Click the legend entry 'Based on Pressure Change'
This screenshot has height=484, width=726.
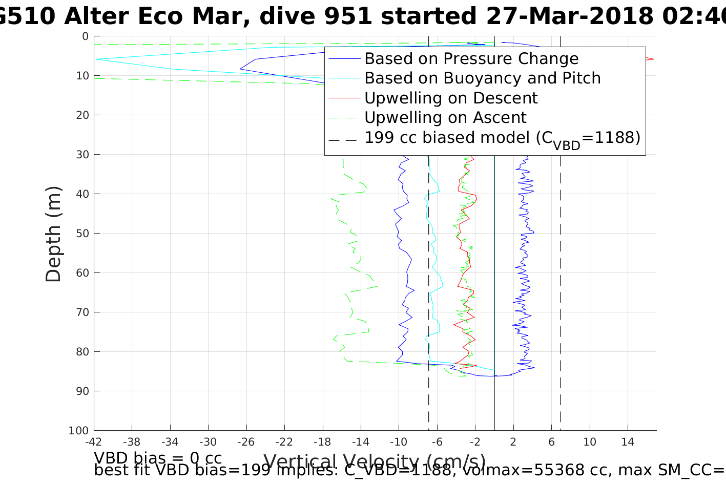[x=471, y=59]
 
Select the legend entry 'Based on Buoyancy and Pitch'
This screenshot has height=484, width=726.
[x=482, y=78]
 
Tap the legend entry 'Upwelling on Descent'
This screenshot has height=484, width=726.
[x=451, y=98]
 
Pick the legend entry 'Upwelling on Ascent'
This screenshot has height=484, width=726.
[x=445, y=118]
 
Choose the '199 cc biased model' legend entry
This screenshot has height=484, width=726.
[x=502, y=138]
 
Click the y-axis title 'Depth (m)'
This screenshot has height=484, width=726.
[x=53, y=234]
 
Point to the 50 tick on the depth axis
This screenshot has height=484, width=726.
[x=82, y=234]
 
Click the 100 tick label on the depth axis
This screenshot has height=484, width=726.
[x=79, y=431]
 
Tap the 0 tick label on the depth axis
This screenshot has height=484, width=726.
[x=85, y=36]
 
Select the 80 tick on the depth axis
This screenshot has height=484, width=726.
[x=82, y=352]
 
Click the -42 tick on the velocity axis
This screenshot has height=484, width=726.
[x=94, y=442]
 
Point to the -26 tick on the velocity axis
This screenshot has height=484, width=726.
[x=246, y=442]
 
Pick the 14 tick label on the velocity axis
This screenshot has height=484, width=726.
[x=628, y=442]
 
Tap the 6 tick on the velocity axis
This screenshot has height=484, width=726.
[x=552, y=442]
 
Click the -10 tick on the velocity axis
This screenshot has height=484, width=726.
[x=399, y=442]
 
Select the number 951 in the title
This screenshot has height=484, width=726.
[x=348, y=16]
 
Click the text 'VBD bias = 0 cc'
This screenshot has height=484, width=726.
[x=158, y=458]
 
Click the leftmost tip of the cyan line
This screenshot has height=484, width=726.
[x=96, y=59]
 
